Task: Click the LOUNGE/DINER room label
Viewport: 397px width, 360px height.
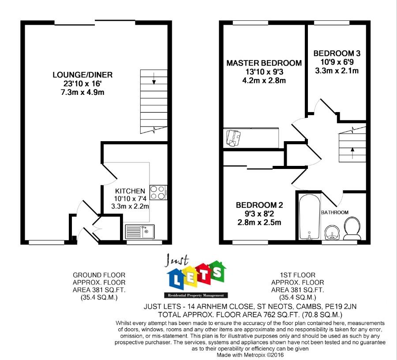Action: tap(82, 75)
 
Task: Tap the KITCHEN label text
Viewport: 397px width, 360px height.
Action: tap(130, 191)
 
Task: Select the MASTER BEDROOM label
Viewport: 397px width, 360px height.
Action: tap(264, 63)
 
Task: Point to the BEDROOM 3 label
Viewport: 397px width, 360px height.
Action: tap(337, 53)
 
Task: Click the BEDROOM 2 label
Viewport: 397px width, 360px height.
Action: tap(259, 205)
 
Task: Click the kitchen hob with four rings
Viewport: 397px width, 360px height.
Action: tap(157, 192)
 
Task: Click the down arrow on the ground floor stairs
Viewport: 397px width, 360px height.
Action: tap(154, 80)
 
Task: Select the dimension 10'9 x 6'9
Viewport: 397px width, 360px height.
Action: tap(337, 62)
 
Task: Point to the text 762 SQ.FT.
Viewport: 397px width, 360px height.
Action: tap(266, 315)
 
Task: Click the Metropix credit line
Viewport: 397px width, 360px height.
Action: tap(250, 354)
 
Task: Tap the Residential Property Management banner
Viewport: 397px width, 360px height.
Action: tap(194, 295)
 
